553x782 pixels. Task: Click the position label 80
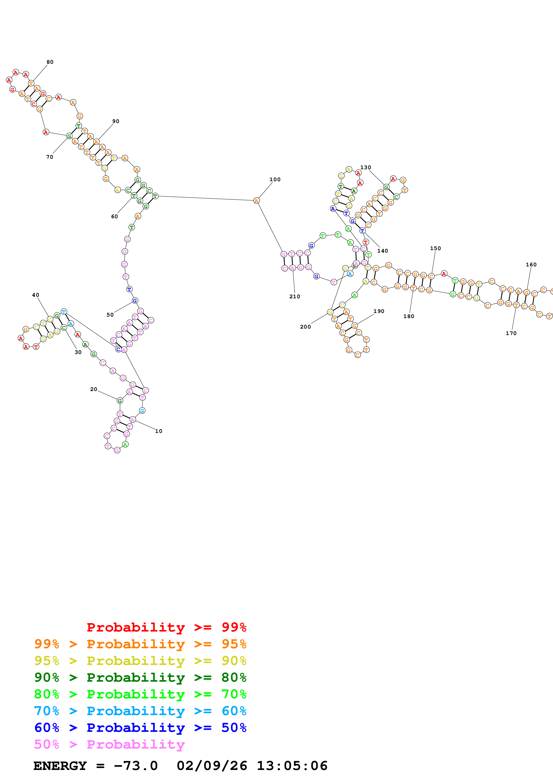[50, 62]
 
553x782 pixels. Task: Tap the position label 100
[275, 179]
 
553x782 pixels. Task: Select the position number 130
[366, 168]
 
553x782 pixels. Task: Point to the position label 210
[295, 297]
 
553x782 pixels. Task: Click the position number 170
[511, 333]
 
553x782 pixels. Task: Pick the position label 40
[36, 295]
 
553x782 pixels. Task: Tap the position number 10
[159, 431]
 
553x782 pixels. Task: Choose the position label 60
[114, 217]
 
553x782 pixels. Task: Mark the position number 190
[379, 311]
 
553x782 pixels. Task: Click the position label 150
[435, 248]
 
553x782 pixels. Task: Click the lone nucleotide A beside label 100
[257, 201]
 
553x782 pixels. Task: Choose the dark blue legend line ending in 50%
[140, 728]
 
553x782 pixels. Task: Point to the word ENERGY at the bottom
[60, 766]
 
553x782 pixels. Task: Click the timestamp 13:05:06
[292, 766]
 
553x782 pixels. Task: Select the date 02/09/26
[212, 766]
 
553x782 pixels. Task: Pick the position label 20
[94, 389]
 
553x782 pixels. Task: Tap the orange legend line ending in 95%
[140, 644]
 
